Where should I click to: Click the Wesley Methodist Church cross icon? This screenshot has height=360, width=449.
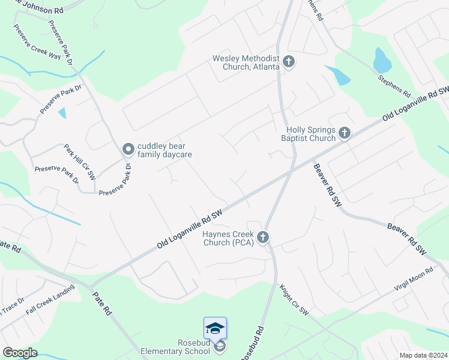point(289,62)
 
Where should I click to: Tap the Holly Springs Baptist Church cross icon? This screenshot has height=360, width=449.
point(344,133)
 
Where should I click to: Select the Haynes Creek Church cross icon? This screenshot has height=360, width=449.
point(262,238)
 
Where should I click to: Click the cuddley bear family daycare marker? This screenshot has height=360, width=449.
point(127,149)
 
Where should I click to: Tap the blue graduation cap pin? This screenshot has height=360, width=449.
point(215,328)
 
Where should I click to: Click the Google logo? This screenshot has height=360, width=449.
point(20,353)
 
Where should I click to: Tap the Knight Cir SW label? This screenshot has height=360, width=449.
point(294,300)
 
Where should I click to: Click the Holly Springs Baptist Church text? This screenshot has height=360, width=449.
point(310,133)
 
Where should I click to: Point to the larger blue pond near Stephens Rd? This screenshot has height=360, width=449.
point(382,61)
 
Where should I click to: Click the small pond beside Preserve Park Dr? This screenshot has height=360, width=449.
point(62,112)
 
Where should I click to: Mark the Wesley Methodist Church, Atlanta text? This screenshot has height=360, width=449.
point(246,62)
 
